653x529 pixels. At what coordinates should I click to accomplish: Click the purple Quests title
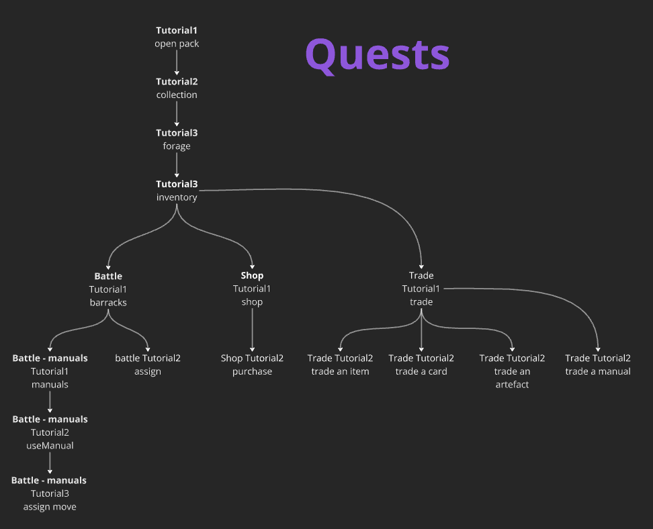click(377, 54)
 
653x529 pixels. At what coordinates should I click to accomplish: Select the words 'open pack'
click(177, 44)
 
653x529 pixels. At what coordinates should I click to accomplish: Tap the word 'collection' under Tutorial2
click(177, 95)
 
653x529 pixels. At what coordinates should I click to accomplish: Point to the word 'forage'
click(177, 146)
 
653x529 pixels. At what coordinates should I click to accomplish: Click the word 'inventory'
click(177, 197)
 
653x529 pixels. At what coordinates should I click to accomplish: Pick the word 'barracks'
click(108, 302)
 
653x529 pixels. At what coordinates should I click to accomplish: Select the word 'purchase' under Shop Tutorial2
click(252, 371)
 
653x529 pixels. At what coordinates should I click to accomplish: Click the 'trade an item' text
click(340, 371)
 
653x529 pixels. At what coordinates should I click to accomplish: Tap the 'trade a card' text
click(421, 371)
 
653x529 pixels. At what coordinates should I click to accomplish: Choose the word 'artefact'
click(512, 385)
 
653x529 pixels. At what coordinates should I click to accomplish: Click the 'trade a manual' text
click(598, 371)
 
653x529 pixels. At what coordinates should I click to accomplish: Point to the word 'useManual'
click(50, 446)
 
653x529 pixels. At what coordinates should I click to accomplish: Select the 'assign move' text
click(50, 507)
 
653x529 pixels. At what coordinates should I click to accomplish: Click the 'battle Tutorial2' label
click(148, 358)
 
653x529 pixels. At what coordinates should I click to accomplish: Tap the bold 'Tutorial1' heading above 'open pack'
click(177, 30)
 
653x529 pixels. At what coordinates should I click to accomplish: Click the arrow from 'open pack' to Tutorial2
click(177, 62)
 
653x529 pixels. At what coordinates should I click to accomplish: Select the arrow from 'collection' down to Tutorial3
click(177, 113)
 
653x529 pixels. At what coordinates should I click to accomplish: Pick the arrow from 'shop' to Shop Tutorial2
click(252, 329)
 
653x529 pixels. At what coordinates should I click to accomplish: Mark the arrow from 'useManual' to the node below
click(50, 463)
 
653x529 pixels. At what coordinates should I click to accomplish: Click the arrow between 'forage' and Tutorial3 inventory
click(177, 164)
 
